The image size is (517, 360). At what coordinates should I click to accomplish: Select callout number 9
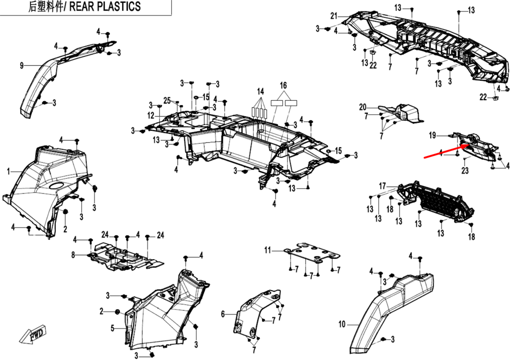(22, 65)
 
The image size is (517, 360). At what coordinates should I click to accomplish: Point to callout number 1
(8, 171)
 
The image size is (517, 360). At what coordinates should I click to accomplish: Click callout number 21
(333, 14)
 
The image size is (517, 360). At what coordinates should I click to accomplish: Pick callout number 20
(362, 107)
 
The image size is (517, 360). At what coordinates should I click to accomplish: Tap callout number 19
(432, 136)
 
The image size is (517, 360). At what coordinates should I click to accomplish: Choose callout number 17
(382, 186)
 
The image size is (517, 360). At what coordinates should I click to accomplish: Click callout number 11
(267, 250)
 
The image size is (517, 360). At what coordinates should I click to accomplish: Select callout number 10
(341, 325)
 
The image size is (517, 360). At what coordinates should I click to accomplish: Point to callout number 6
(223, 314)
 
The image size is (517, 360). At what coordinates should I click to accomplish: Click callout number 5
(112, 328)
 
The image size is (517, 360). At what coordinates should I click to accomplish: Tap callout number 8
(73, 254)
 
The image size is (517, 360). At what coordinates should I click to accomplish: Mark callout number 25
(166, 100)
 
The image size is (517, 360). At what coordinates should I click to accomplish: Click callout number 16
(283, 85)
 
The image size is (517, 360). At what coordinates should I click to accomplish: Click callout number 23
(464, 171)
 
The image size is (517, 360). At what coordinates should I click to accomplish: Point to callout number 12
(150, 115)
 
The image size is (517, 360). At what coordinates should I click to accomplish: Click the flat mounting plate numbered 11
(313, 254)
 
